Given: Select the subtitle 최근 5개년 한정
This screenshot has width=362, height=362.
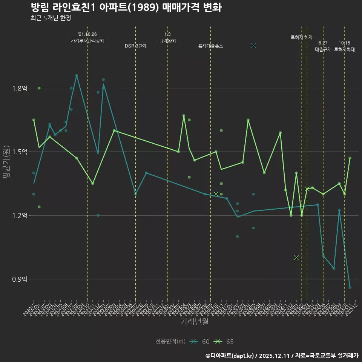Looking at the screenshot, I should click(x=51, y=18).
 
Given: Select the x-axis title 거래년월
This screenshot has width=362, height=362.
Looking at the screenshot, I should click(x=194, y=322).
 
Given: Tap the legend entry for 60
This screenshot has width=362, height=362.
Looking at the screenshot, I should click(x=200, y=342).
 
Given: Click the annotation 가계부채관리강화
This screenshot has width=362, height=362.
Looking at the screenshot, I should click(x=87, y=41).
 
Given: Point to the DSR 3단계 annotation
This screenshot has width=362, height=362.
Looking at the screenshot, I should click(x=136, y=46).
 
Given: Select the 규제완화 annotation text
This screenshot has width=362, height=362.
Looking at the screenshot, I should click(x=168, y=41).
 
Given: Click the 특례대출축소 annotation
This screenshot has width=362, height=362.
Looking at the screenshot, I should click(x=211, y=46).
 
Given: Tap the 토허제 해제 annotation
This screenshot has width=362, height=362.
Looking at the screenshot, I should click(x=302, y=37).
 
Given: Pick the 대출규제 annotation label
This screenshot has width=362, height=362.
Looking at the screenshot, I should click(x=323, y=49).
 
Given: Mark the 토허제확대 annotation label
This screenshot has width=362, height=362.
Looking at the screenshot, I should click(x=345, y=49).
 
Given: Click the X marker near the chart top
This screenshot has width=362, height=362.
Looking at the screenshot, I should click(x=253, y=46).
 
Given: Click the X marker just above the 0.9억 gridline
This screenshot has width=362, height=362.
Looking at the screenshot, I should click(x=296, y=258).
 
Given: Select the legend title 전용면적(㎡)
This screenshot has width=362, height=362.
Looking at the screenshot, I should click(x=170, y=342).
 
